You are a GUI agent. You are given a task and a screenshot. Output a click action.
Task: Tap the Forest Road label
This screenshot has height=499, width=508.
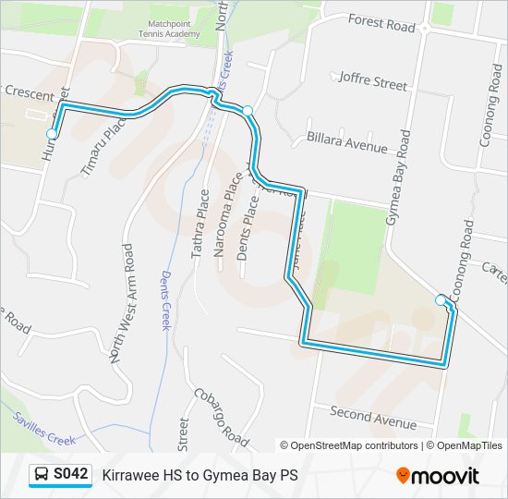(x=381, y=22)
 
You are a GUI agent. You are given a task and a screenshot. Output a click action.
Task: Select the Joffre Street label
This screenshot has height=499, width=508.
(x=373, y=81)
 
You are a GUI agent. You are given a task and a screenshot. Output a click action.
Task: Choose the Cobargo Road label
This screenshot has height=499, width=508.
(x=222, y=416)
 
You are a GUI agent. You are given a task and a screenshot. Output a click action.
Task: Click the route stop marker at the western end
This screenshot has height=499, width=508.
(x=52, y=134)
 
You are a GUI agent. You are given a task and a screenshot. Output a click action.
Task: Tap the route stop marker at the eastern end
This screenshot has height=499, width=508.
(x=441, y=299)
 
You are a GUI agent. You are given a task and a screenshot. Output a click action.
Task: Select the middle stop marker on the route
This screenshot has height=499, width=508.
(x=248, y=111)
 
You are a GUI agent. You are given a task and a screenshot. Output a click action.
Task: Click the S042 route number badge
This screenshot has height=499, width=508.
(x=71, y=475)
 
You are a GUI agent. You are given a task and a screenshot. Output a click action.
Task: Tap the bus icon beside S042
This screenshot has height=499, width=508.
(x=42, y=475)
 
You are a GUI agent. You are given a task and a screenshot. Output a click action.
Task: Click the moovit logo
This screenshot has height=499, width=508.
(x=438, y=476)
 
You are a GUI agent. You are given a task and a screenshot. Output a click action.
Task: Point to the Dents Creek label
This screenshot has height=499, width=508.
(x=166, y=300)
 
